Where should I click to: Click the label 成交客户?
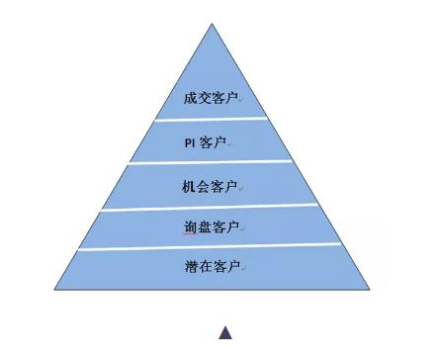pos(211,99)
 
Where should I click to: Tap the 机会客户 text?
pos(211,186)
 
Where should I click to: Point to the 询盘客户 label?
pos(211,227)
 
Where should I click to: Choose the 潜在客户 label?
pos(211,267)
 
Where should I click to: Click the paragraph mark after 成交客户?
pos(241,101)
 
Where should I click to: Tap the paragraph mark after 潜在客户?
pos(241,269)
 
